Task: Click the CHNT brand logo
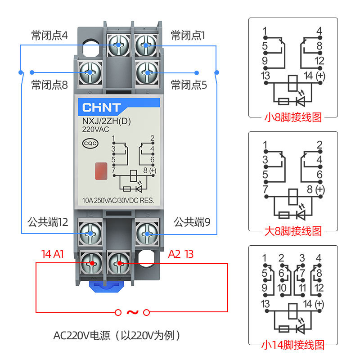(101, 108)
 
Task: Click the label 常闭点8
(49, 84)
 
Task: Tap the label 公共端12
(47, 222)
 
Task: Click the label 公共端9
(192, 222)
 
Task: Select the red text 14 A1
(52, 254)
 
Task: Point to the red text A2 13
(181, 254)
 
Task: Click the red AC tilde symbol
(132, 312)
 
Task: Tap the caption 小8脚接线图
(293, 118)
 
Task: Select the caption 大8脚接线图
(293, 231)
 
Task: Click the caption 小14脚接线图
(293, 345)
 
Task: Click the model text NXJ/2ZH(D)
(100, 121)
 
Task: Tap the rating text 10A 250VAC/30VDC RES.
(118, 201)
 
